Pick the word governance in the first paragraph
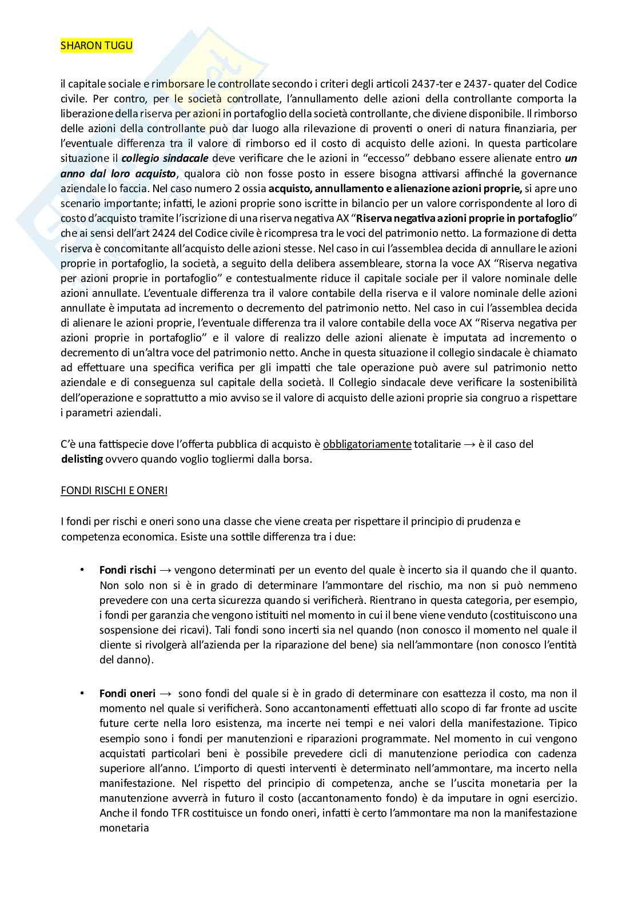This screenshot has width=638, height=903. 549,173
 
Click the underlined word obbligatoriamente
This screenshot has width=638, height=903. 367,444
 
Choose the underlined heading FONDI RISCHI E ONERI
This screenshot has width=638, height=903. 114,491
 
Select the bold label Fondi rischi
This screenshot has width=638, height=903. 127,570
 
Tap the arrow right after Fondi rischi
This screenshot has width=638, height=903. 165,571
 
